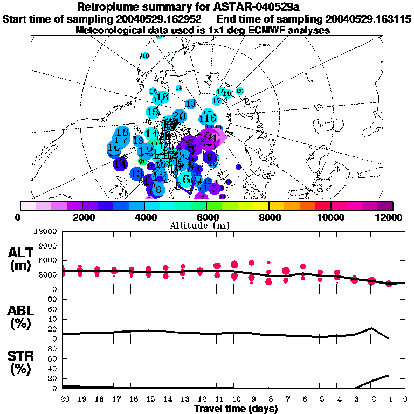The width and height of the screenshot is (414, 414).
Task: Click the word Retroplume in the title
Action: point(108,7)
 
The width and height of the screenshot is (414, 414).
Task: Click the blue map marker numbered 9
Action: point(210,157)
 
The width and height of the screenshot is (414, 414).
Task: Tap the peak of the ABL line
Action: point(371,328)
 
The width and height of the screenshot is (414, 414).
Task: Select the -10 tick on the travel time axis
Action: point(234,399)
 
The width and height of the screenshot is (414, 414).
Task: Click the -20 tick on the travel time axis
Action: point(63,399)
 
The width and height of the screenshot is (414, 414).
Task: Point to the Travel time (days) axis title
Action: point(236,409)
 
